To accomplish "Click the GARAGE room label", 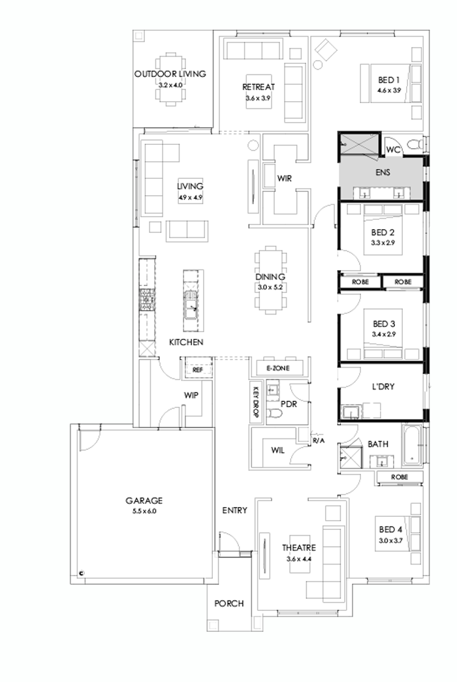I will pos(144,501).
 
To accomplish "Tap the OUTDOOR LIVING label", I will pos(170,74).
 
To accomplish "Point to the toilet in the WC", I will pos(413,144).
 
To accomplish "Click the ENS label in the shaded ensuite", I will pos(383,174).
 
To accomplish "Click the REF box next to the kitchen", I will pos(197,370).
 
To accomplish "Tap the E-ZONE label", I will pos(278,369).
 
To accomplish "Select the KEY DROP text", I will pos(256,399).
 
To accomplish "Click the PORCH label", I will pos(229,604).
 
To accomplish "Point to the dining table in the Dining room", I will pos(270,279).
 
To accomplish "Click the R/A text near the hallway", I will pos(319,441).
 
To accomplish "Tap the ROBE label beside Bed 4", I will pos(400,477).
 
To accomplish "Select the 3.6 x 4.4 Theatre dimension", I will pos(299,559).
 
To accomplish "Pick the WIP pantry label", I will pos(191,395).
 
